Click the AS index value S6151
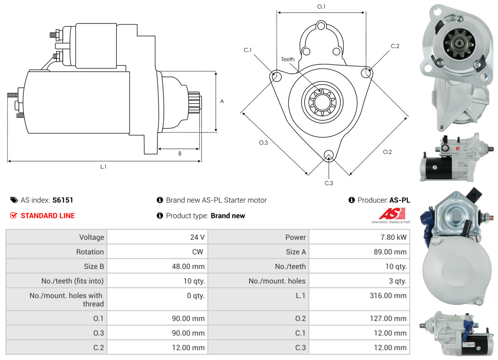click(63, 200)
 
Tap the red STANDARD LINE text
click(48, 216)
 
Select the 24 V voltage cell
click(197, 237)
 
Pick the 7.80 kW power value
click(393, 237)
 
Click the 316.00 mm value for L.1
click(388, 295)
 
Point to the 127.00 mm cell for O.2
click(388, 318)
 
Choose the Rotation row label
click(90, 252)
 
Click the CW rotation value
click(198, 252)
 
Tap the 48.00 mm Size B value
click(188, 267)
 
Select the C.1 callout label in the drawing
click(247, 50)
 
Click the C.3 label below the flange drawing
click(328, 183)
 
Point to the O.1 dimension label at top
click(321, 7)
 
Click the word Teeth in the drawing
click(288, 59)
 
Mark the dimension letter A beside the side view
click(222, 102)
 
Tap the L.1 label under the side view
click(103, 167)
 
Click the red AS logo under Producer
click(392, 214)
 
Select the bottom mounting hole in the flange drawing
click(328, 155)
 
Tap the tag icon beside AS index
click(14, 200)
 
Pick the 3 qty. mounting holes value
click(398, 281)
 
